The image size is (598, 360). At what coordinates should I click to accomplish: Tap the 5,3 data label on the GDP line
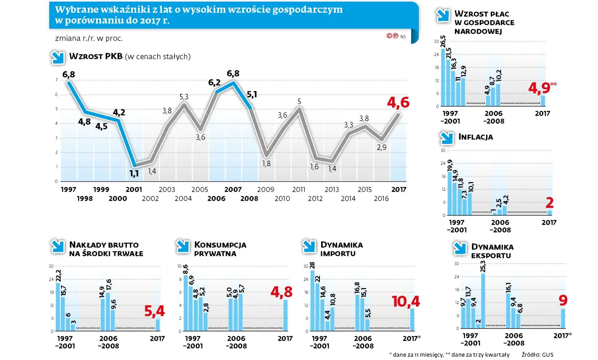point(184,97)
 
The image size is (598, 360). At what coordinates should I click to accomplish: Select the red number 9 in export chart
point(564,299)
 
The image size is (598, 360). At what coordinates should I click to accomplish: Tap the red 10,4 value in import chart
point(406,301)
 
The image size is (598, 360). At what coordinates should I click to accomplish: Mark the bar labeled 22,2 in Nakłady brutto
point(58,307)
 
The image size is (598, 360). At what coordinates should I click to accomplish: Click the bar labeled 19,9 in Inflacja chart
point(449,193)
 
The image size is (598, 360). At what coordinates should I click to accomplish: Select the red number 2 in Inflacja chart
point(550,203)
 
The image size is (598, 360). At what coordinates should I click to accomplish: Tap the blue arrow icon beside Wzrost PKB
point(57,58)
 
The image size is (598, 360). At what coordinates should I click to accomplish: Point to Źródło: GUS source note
point(537,354)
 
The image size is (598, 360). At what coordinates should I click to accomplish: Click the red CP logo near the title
point(392,36)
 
